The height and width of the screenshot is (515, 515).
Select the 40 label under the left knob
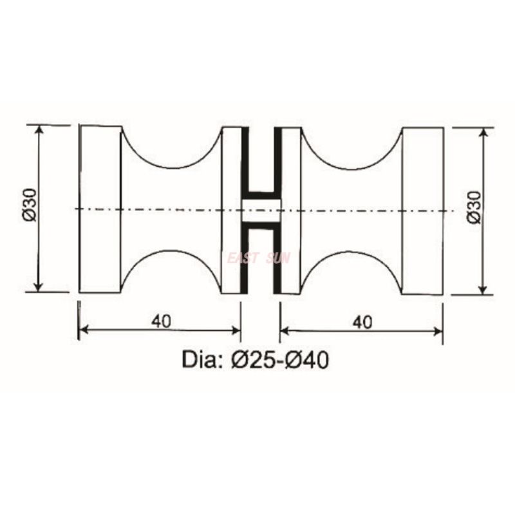(162, 321)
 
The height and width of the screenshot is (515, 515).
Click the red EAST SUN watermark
(259, 258)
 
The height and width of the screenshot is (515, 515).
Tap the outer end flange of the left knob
(100, 209)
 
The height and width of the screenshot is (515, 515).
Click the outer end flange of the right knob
(422, 209)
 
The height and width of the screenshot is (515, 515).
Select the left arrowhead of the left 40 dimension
(82, 331)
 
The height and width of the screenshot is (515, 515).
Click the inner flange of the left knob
(230, 209)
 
